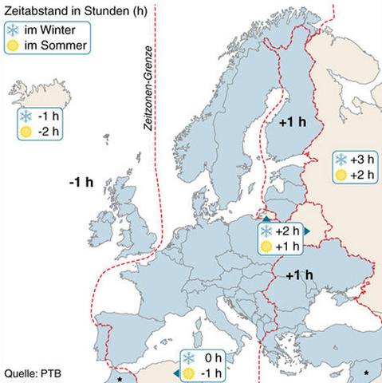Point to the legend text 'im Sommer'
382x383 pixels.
(53, 43)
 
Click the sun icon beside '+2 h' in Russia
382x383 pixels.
(341, 175)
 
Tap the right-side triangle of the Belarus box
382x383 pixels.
(307, 231)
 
